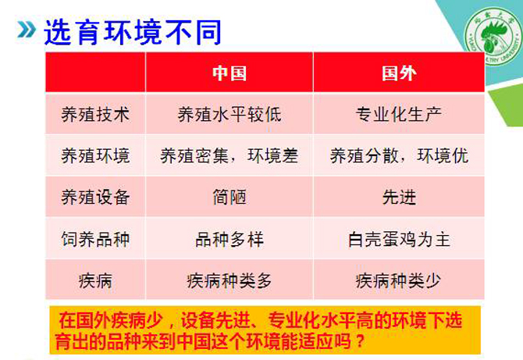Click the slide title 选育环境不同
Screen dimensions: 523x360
[133, 32]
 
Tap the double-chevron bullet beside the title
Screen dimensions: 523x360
[27, 30]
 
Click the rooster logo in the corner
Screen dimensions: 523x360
[493, 36]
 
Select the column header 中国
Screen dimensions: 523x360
[229, 73]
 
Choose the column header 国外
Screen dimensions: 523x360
[399, 73]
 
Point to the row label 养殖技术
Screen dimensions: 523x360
[95, 115]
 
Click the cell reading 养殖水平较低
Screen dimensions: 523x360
[229, 115]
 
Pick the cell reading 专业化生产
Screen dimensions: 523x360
[399, 115]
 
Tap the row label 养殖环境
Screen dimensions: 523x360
[95, 156]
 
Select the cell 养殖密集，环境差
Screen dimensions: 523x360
[229, 156]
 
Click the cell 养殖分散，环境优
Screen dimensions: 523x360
[399, 156]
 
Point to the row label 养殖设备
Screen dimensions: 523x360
[95, 198]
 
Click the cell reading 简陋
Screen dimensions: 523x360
[229, 198]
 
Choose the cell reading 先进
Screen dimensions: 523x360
[399, 198]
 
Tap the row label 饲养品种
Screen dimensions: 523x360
[95, 239]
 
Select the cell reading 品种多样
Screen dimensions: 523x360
[229, 239]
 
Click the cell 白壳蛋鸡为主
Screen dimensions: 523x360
[399, 239]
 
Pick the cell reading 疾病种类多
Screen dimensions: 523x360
[229, 280]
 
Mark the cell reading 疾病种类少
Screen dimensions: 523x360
[399, 280]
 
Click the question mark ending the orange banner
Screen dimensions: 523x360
[359, 341]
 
